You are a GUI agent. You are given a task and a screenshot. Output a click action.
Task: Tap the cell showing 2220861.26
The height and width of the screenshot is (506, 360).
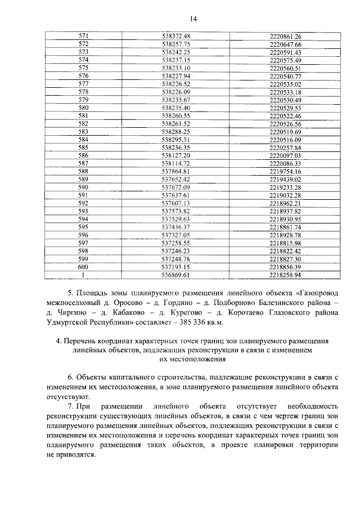click(286, 35)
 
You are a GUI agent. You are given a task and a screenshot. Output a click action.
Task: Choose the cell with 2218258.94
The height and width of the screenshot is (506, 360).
click(286, 275)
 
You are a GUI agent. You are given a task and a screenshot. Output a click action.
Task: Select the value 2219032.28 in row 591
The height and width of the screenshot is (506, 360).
click(286, 195)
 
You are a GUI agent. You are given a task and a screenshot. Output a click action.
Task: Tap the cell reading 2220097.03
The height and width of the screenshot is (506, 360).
click(286, 155)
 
